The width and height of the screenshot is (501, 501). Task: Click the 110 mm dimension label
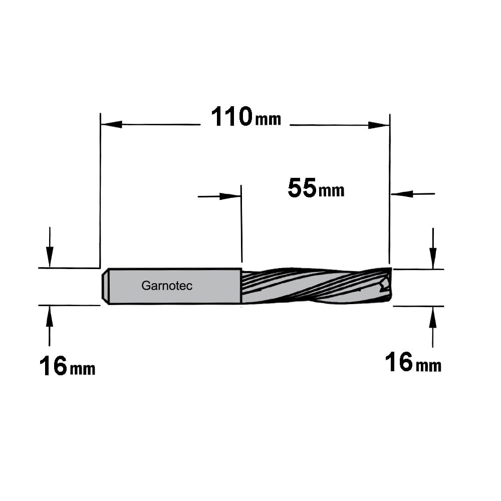[246, 117]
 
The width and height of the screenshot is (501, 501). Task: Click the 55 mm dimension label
[316, 188]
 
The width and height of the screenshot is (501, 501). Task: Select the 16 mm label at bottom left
[67, 367]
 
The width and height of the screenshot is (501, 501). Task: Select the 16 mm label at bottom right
[413, 362]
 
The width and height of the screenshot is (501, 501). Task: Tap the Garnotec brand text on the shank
[167, 286]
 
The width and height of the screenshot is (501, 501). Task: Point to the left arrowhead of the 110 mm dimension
[112, 124]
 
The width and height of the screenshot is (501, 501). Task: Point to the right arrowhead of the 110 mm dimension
[379, 125]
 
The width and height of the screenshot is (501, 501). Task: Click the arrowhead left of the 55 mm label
[230, 196]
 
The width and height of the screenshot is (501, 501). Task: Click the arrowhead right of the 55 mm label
[402, 193]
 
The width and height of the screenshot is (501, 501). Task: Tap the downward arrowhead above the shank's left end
[50, 257]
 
